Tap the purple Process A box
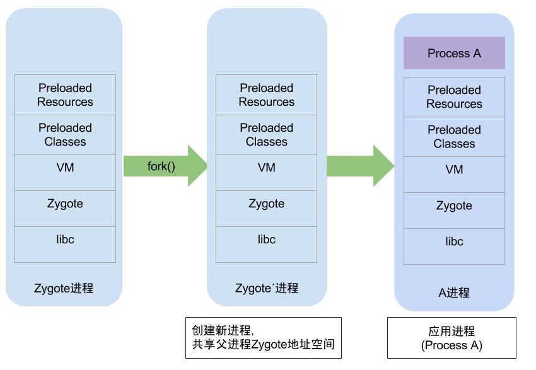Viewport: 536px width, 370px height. pyautogui.click(x=454, y=53)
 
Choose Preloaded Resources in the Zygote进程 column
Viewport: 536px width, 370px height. pyautogui.click(x=65, y=95)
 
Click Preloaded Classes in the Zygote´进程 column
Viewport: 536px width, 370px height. pyautogui.click(x=266, y=135)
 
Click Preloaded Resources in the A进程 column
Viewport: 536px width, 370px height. pyautogui.click(x=454, y=97)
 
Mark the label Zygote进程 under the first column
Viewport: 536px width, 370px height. pyautogui.click(x=64, y=288)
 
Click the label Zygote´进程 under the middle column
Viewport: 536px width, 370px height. pyautogui.click(x=266, y=288)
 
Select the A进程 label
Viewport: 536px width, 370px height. pyautogui.click(x=454, y=292)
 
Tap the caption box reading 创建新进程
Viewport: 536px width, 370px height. pyautogui.click(x=263, y=338)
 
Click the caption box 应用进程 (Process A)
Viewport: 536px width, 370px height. pyautogui.click(x=452, y=338)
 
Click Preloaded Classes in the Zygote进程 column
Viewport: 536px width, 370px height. pyautogui.click(x=65, y=135)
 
